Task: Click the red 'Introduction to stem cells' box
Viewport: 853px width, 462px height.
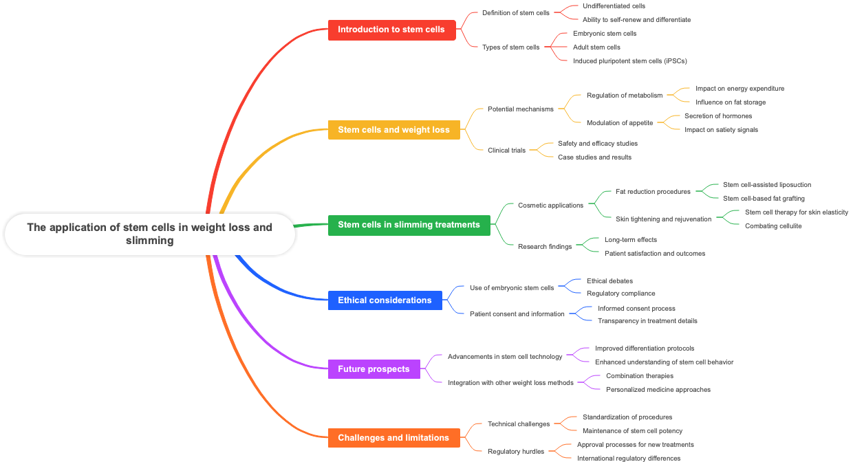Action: (x=391, y=30)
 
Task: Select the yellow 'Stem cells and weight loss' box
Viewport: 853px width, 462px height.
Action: (x=393, y=129)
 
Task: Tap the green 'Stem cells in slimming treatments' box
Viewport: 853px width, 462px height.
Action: (x=409, y=225)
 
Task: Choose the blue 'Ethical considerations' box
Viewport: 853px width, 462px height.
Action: (x=385, y=300)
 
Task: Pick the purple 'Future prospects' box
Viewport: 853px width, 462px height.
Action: (x=374, y=368)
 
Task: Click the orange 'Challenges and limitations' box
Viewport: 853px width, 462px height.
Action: (x=393, y=437)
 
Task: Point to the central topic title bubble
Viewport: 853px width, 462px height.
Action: (x=150, y=234)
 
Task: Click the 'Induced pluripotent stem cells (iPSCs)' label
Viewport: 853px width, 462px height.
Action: (x=629, y=60)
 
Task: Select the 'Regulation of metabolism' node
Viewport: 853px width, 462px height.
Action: (x=624, y=96)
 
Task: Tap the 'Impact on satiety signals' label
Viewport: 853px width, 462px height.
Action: (x=721, y=129)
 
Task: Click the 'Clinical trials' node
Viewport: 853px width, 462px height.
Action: (x=506, y=151)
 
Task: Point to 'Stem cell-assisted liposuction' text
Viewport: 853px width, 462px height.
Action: (x=767, y=184)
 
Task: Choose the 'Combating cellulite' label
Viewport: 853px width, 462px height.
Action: (x=773, y=225)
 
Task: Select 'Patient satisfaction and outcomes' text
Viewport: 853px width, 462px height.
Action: (x=654, y=253)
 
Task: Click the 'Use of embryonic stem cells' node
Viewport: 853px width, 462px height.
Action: (x=512, y=288)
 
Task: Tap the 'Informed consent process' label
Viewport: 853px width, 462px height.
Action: (x=636, y=308)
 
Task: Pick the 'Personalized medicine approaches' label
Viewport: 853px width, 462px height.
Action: (x=658, y=389)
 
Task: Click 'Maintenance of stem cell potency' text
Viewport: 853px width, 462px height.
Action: (x=632, y=430)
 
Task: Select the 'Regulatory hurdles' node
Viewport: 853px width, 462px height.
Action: (x=515, y=452)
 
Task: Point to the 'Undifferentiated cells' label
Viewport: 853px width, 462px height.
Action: (x=614, y=6)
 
